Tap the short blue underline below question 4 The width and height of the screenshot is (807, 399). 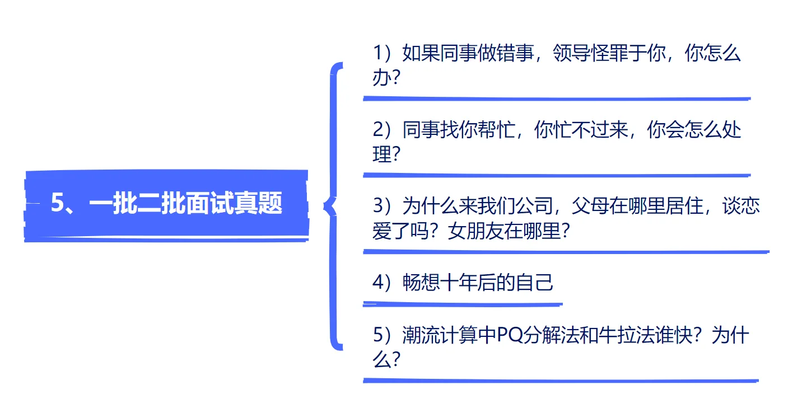pyautogui.click(x=462, y=304)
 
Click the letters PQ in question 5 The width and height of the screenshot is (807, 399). pyautogui.click(x=510, y=336)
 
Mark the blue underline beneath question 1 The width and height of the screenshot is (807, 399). pyautogui.click(x=557, y=98)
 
